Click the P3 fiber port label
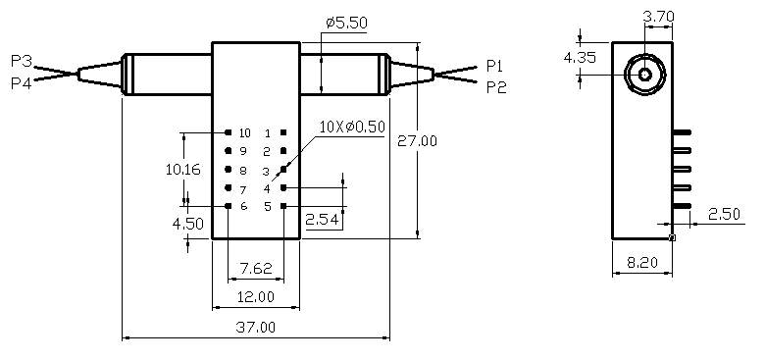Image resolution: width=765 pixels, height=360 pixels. [x=22, y=62]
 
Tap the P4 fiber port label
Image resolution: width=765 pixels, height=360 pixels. [x=22, y=83]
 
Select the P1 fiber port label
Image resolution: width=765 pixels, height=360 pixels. [x=494, y=66]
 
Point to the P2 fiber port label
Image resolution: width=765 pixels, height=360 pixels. [x=496, y=88]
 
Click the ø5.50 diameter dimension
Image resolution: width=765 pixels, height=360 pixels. [x=346, y=23]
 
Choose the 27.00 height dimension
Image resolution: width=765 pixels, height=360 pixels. [x=417, y=141]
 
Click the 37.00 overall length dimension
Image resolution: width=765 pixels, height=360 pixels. [x=256, y=327]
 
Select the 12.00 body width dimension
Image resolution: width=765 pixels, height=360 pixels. [x=256, y=296]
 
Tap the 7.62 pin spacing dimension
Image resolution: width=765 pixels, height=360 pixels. [x=256, y=269]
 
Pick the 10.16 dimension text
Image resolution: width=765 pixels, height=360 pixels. [x=183, y=170]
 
